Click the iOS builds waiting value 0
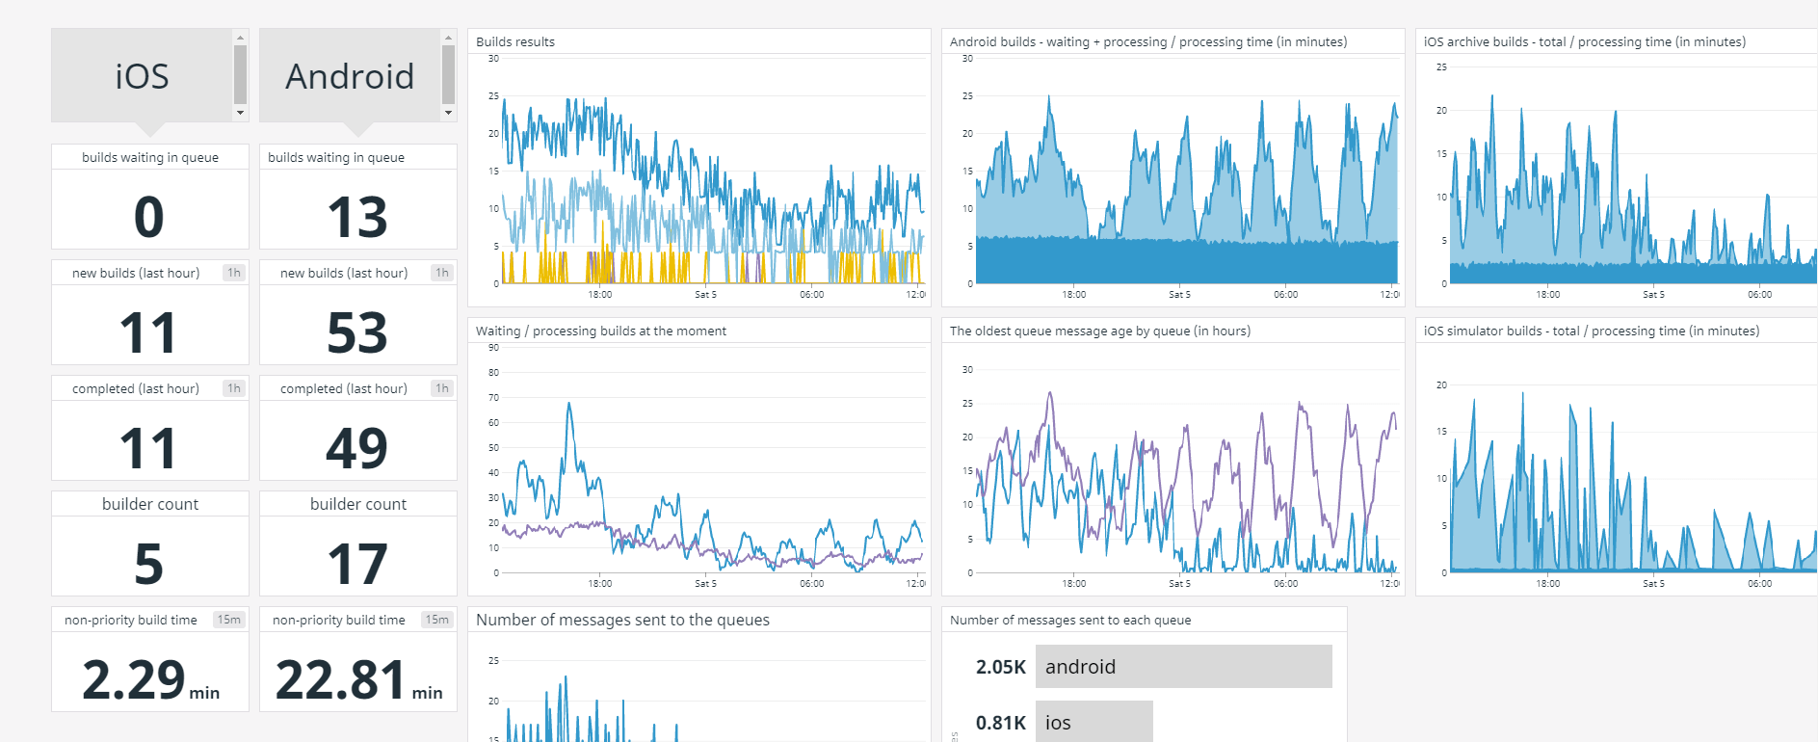click(x=149, y=217)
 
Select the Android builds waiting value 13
click(x=357, y=217)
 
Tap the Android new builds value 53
click(x=357, y=332)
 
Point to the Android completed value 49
click(x=357, y=448)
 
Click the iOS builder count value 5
click(x=149, y=564)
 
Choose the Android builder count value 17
click(x=357, y=564)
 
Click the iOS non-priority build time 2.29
click(x=135, y=679)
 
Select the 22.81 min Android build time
click(x=341, y=679)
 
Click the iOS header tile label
click(x=142, y=76)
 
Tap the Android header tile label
click(x=350, y=76)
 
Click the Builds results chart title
click(x=515, y=41)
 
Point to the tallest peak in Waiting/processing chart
click(x=569, y=405)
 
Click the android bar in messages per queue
click(x=1183, y=667)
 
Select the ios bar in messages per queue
click(x=1093, y=723)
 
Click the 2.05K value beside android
click(x=1000, y=667)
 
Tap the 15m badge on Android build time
click(x=437, y=620)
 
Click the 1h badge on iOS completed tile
click(x=234, y=388)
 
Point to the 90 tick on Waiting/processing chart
click(x=493, y=347)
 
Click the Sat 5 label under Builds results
click(x=705, y=295)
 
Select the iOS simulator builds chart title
click(x=1591, y=331)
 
